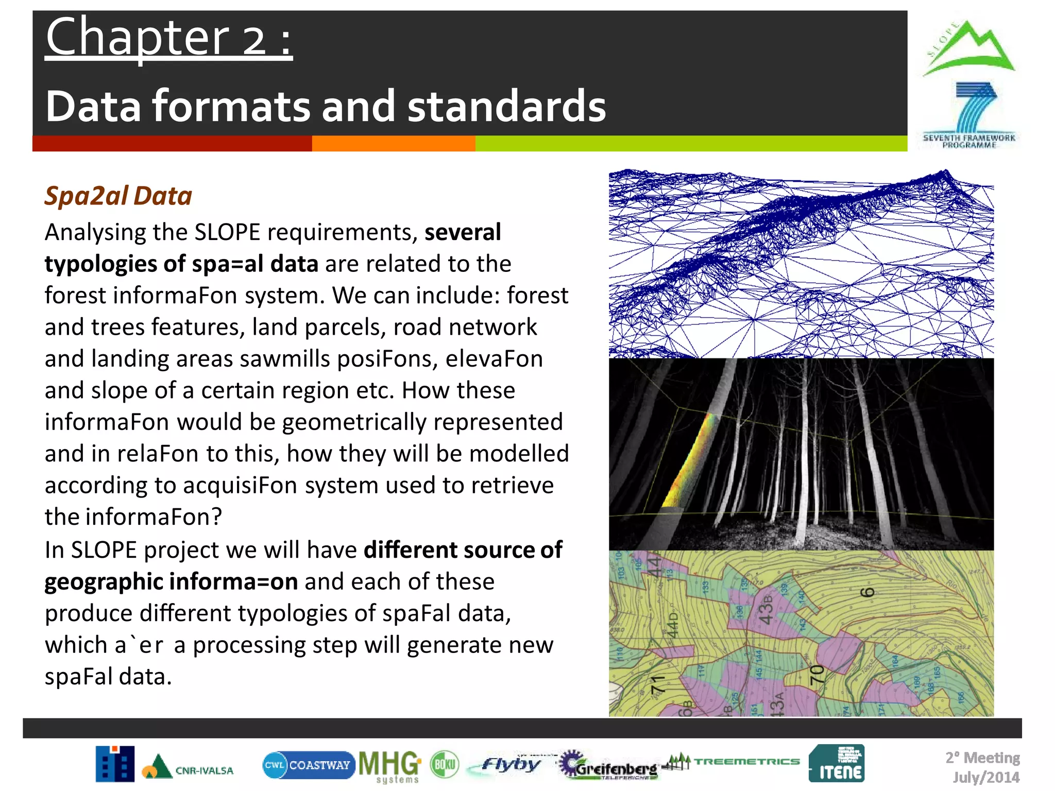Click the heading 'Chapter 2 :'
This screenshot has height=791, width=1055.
[169, 38]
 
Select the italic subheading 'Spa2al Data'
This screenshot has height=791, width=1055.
[118, 196]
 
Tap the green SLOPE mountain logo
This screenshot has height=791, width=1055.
[969, 49]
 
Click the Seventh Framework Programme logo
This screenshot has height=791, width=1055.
[969, 116]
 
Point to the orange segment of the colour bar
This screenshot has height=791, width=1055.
[393, 144]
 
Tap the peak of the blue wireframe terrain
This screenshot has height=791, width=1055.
[945, 174]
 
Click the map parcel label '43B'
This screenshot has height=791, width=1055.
[766, 610]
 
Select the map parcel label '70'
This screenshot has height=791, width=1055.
[817, 674]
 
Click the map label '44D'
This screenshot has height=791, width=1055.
[673, 624]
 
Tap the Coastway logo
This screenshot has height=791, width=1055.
[308, 765]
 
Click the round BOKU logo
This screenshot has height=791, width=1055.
[445, 765]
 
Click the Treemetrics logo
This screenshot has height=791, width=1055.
[731, 762]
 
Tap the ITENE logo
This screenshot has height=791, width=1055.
[837, 764]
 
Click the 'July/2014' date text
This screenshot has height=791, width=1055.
[985, 777]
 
